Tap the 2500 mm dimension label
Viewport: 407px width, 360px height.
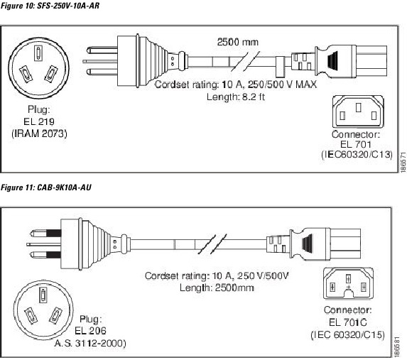coord(237,41)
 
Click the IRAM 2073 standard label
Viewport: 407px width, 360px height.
coord(40,132)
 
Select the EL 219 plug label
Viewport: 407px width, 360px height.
coord(40,121)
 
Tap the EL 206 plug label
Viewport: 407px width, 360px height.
coord(89,330)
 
